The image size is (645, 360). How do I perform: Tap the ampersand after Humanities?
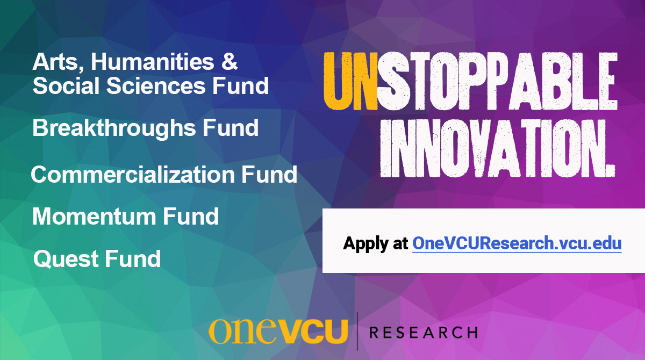point(230,63)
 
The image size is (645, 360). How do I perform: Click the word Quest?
point(65,259)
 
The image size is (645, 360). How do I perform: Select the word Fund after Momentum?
point(191,217)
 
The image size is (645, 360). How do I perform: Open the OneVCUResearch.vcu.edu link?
point(517,243)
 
